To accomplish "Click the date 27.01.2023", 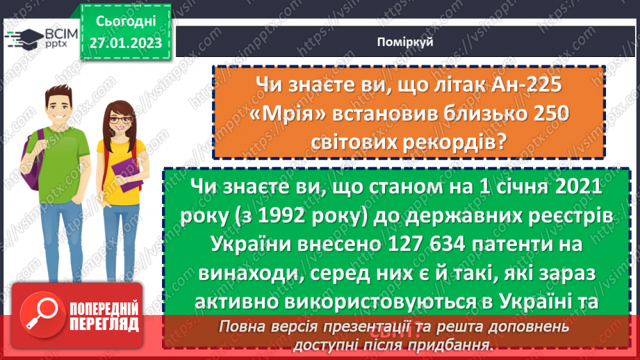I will [x=125, y=43].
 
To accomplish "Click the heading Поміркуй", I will [x=407, y=42].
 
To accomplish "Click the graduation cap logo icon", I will [x=25, y=37].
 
